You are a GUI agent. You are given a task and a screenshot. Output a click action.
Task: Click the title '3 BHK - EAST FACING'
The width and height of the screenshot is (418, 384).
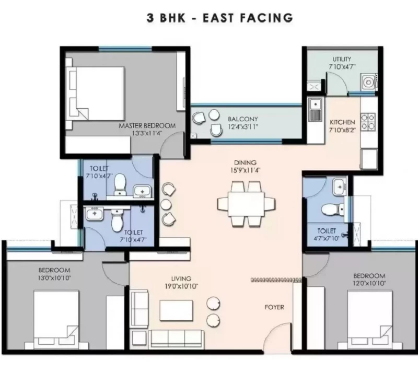pyautogui.click(x=220, y=18)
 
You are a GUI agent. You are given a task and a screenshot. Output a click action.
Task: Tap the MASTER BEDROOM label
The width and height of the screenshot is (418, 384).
pyautogui.click(x=147, y=125)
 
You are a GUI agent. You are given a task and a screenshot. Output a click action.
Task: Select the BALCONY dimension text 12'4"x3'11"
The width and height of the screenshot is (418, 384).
pyautogui.click(x=243, y=127)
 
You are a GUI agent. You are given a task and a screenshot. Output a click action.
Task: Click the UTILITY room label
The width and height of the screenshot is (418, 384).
pyautogui.click(x=342, y=59)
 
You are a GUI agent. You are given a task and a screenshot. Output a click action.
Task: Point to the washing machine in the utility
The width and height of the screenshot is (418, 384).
pyautogui.click(x=368, y=82)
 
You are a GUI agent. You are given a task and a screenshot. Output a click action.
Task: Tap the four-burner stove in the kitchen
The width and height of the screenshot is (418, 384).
pyautogui.click(x=368, y=122)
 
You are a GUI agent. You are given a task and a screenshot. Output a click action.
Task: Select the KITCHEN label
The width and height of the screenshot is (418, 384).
pyautogui.click(x=343, y=122)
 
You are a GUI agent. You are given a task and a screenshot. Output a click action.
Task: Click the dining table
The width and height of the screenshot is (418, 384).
pyautogui.click(x=246, y=204)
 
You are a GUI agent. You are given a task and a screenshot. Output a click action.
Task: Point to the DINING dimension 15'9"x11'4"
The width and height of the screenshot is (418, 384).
pyautogui.click(x=245, y=170)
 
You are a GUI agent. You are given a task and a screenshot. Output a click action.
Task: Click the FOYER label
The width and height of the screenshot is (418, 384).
pyautogui.click(x=274, y=307)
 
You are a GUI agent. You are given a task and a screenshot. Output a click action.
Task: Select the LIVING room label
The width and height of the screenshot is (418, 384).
pyautogui.click(x=181, y=279)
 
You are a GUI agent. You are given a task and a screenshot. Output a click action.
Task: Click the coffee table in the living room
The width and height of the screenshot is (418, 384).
pyautogui.click(x=176, y=311)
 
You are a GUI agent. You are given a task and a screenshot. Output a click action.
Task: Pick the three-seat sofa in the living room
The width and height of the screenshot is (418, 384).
pyautogui.click(x=176, y=340)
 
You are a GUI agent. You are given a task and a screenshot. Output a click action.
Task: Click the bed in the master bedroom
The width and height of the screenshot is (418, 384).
pyautogui.click(x=96, y=94)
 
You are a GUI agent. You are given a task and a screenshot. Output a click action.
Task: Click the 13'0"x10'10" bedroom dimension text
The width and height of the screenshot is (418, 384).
pyautogui.click(x=54, y=278)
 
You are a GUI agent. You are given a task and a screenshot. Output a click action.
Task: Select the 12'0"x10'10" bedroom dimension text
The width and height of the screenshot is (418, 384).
pyautogui.click(x=369, y=283)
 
